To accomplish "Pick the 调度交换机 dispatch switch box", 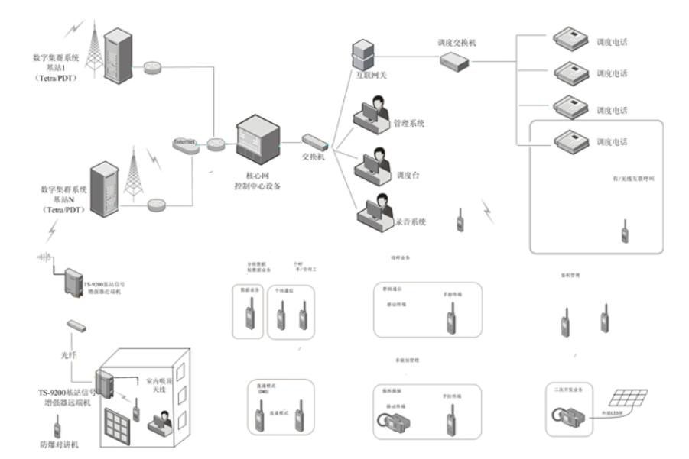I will (x=456, y=66).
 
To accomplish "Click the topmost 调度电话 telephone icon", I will (x=567, y=41).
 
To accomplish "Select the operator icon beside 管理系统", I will (x=373, y=115).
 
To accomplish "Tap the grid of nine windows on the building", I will (x=120, y=424).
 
